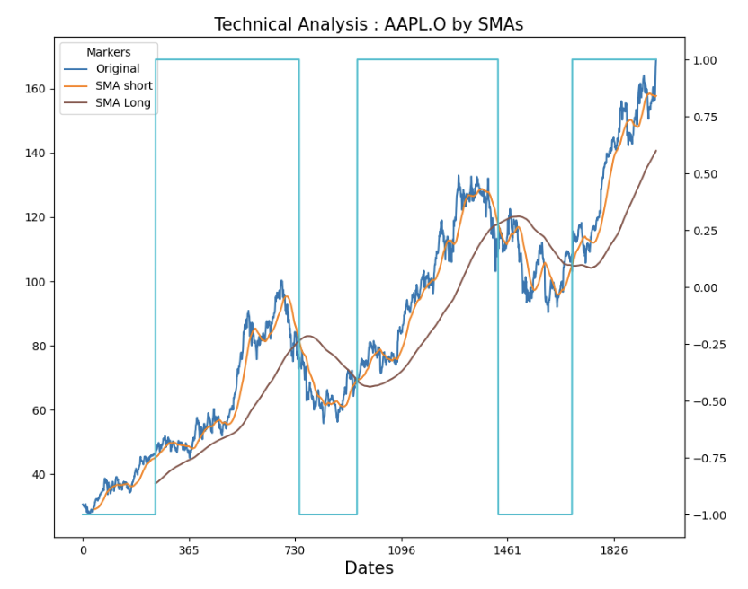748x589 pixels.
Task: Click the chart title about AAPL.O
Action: coord(369,24)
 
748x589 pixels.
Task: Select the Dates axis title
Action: coord(369,568)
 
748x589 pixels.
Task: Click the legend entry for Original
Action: coord(117,69)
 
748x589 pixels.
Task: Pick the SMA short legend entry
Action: coord(123,86)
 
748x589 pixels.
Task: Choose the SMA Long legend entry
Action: coord(123,103)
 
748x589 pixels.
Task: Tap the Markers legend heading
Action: coord(109,53)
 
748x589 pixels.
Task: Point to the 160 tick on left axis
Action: coord(34,89)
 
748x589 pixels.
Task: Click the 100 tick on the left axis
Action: coord(34,282)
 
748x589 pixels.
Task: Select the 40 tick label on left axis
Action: coord(38,475)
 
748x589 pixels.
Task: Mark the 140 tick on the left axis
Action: coord(34,154)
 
